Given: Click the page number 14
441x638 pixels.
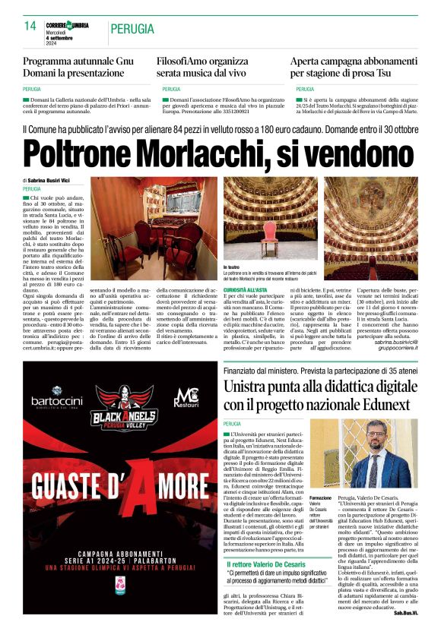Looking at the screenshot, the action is click(x=30, y=26).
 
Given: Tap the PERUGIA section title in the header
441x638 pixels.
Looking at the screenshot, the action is click(x=134, y=29).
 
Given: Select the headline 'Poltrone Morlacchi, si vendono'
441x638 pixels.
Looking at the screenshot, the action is click(x=220, y=153).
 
